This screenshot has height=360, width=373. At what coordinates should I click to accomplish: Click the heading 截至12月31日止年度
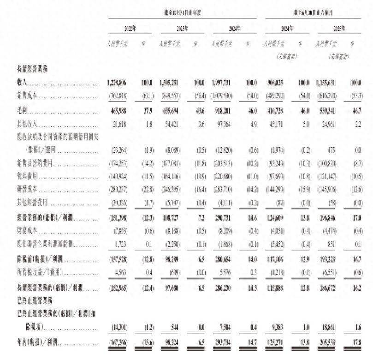pyautogui.click(x=182, y=13)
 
